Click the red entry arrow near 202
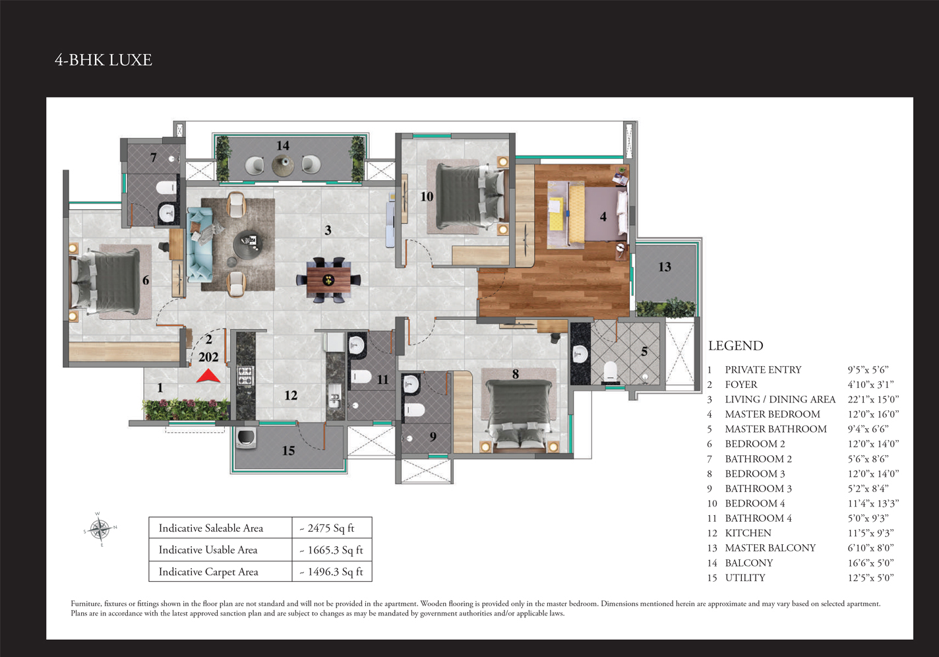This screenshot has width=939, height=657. [208, 377]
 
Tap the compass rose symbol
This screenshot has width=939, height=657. [100, 530]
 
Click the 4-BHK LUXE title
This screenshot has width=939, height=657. [103, 60]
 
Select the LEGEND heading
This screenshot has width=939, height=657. [736, 346]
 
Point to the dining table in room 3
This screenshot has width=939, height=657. [328, 280]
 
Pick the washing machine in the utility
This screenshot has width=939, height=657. [246, 438]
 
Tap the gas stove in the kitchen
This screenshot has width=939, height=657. [245, 376]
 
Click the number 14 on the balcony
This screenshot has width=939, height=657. [282, 146]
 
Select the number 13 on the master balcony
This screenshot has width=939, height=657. [665, 266]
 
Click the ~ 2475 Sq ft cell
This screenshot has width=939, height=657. [332, 528]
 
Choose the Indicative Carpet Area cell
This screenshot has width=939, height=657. [220, 571]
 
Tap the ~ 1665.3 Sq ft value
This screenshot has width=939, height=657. [331, 550]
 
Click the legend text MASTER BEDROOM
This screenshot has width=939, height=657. [773, 414]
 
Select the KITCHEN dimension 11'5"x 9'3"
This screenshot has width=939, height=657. [870, 533]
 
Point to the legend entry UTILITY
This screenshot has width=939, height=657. [745, 578]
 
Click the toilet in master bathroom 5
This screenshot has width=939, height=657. [611, 371]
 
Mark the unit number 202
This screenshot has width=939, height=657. [208, 357]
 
